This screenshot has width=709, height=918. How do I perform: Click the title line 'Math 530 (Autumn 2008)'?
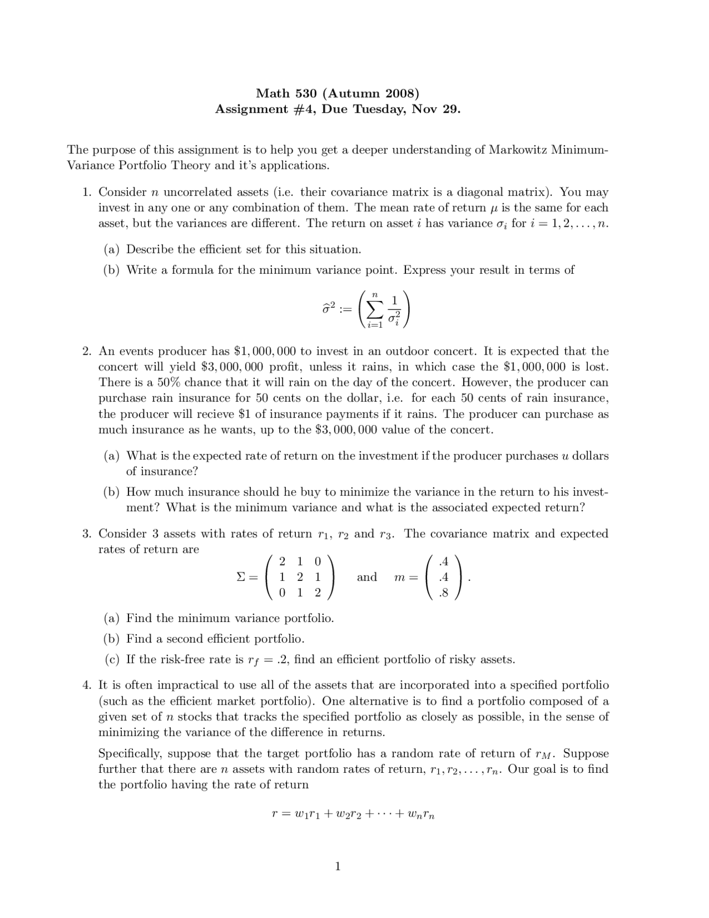pyautogui.click(x=337, y=93)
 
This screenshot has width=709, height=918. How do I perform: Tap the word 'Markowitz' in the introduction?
pyautogui.click(x=518, y=150)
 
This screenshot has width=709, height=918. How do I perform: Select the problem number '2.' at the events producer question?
pyautogui.click(x=86, y=351)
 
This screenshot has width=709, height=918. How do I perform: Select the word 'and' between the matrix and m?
pyautogui.click(x=367, y=577)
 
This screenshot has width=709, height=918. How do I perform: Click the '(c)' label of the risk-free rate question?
pyautogui.click(x=112, y=660)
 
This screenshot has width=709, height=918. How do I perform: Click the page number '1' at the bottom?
pyautogui.click(x=337, y=866)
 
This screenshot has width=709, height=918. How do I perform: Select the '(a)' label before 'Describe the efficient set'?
pyautogui.click(x=112, y=249)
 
